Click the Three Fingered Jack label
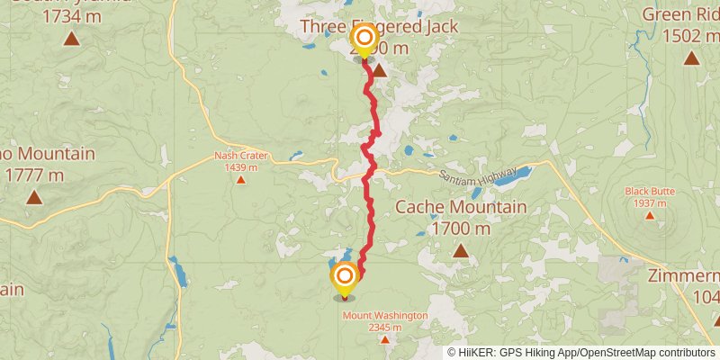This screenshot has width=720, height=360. tap(378, 27)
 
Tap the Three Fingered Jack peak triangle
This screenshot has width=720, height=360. tap(380, 70)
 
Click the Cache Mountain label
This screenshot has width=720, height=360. tap(461, 208)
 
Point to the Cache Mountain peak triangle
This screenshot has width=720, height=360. tap(461, 250)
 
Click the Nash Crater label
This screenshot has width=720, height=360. tap(240, 156)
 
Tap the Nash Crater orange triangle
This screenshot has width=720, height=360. tap(240, 179)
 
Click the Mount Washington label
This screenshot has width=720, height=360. tap(384, 316)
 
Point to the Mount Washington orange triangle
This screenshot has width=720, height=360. tap(384, 339)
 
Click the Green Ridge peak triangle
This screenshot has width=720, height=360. tap(691, 58)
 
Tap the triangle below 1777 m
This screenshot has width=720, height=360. tap(34, 196)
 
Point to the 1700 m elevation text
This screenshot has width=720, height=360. tap(461, 229)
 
